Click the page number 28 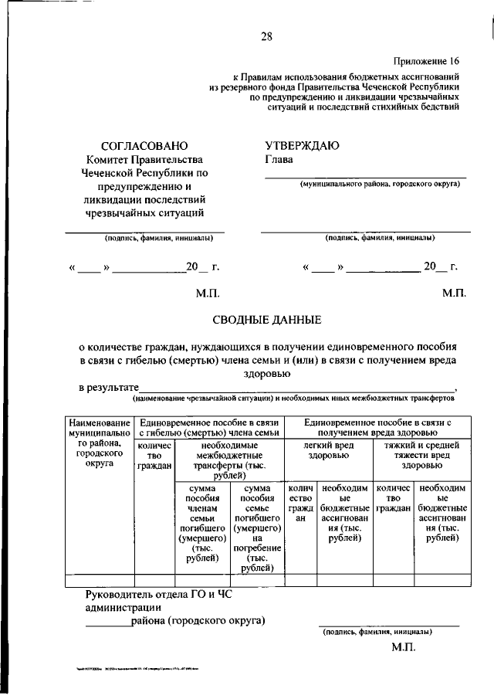tap(266, 36)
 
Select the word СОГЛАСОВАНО tap(144, 145)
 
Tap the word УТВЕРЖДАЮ tap(302, 145)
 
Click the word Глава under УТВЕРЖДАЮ tap(279, 160)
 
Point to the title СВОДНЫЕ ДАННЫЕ tap(266, 320)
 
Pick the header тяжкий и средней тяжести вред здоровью tap(421, 456)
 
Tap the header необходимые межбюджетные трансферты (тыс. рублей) tap(229, 461)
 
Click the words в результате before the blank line tap(109, 387)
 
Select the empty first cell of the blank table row tap(100, 581)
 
